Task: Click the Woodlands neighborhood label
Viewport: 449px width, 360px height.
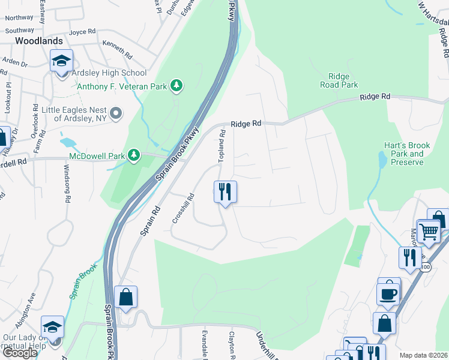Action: pos(39,41)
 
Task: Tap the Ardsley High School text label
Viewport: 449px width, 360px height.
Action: pos(109,73)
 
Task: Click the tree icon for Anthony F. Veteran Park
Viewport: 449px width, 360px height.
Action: pos(176,86)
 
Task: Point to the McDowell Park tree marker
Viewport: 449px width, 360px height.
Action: pos(134,156)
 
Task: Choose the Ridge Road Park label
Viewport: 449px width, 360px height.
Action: pos(343,80)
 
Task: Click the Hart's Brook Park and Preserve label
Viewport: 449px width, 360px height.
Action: pos(404,154)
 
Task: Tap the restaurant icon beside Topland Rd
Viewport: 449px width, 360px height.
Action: pos(225,192)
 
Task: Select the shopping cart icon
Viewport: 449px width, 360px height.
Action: pos(428,231)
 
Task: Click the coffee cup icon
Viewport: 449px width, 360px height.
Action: pos(388,293)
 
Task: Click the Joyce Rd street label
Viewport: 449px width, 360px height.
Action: pos(82,31)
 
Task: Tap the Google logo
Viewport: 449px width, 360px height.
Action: pos(20,353)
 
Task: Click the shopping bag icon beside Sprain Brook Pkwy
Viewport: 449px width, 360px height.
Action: pos(125,296)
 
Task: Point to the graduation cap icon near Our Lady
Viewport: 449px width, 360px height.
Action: pos(52,327)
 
